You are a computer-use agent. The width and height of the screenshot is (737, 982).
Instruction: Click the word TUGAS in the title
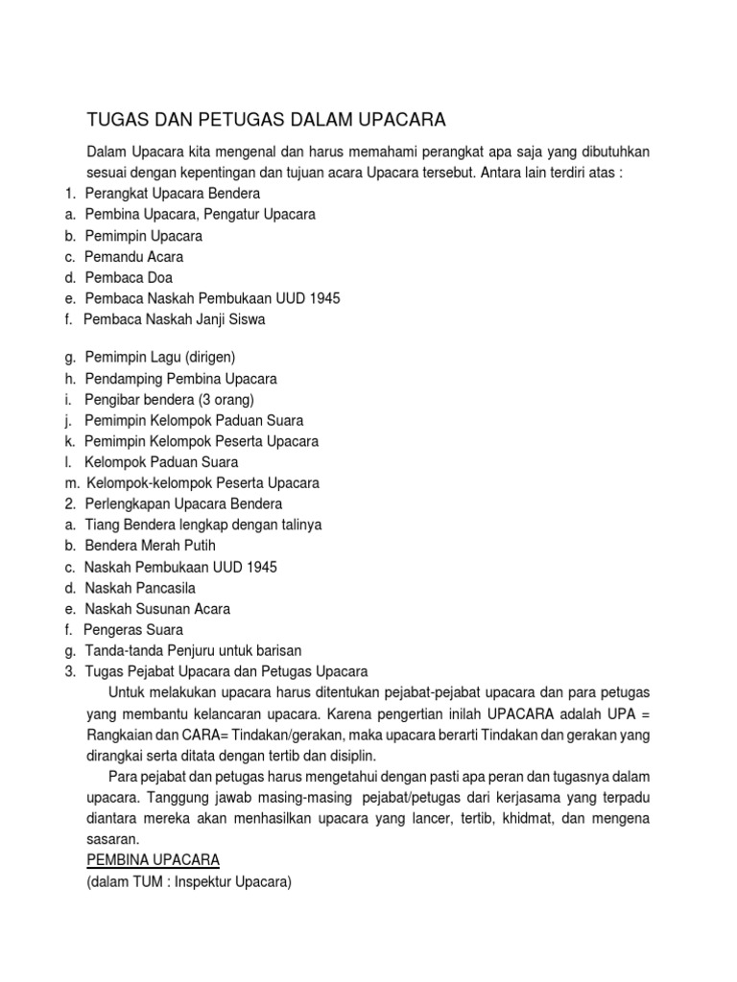pyautogui.click(x=117, y=120)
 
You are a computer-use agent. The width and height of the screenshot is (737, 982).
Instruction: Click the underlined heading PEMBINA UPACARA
pyautogui.click(x=153, y=861)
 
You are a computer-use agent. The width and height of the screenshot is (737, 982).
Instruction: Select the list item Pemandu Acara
pyautogui.click(x=133, y=257)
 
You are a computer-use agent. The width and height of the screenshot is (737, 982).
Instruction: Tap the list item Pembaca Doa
pyautogui.click(x=129, y=278)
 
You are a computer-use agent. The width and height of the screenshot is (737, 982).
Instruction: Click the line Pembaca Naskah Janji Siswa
pyautogui.click(x=174, y=320)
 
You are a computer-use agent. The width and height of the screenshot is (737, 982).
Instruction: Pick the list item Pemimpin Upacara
pyautogui.click(x=143, y=236)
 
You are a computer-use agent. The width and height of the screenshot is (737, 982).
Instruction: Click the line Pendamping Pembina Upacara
pyautogui.click(x=180, y=379)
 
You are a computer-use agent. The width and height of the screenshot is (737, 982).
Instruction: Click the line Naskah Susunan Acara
pyautogui.click(x=157, y=609)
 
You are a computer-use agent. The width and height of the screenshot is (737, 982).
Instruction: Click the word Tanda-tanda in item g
pyautogui.click(x=122, y=651)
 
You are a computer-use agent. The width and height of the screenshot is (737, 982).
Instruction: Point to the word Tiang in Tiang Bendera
pyautogui.click(x=102, y=525)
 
